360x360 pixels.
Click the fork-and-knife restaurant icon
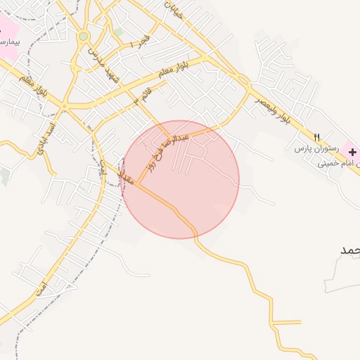click(x=316, y=137)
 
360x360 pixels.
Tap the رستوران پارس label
click(x=316, y=150)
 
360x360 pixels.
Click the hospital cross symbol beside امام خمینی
click(x=352, y=151)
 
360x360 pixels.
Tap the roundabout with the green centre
click(x=84, y=36)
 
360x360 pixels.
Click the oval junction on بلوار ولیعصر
click(x=243, y=80)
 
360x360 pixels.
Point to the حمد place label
click(x=349, y=250)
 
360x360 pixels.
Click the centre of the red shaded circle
click(x=181, y=181)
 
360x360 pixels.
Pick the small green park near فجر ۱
click(x=118, y=32)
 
